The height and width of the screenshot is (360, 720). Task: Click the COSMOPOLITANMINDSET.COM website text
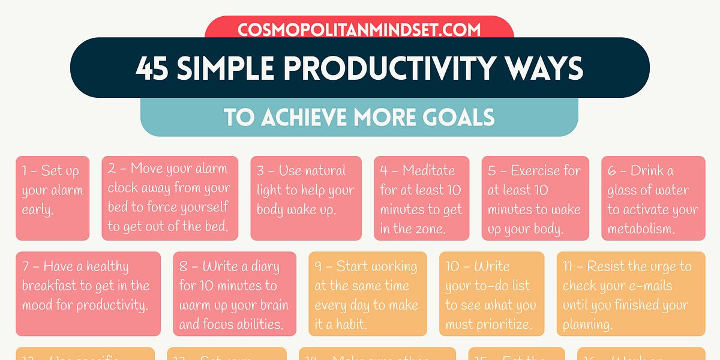359,29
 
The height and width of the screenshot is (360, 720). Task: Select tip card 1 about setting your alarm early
52,198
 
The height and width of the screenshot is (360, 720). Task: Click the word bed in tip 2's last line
217,227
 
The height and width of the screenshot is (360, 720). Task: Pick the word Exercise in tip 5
545,170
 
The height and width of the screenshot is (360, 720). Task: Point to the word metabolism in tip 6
641,229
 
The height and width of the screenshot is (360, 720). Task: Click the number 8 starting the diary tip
184,266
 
